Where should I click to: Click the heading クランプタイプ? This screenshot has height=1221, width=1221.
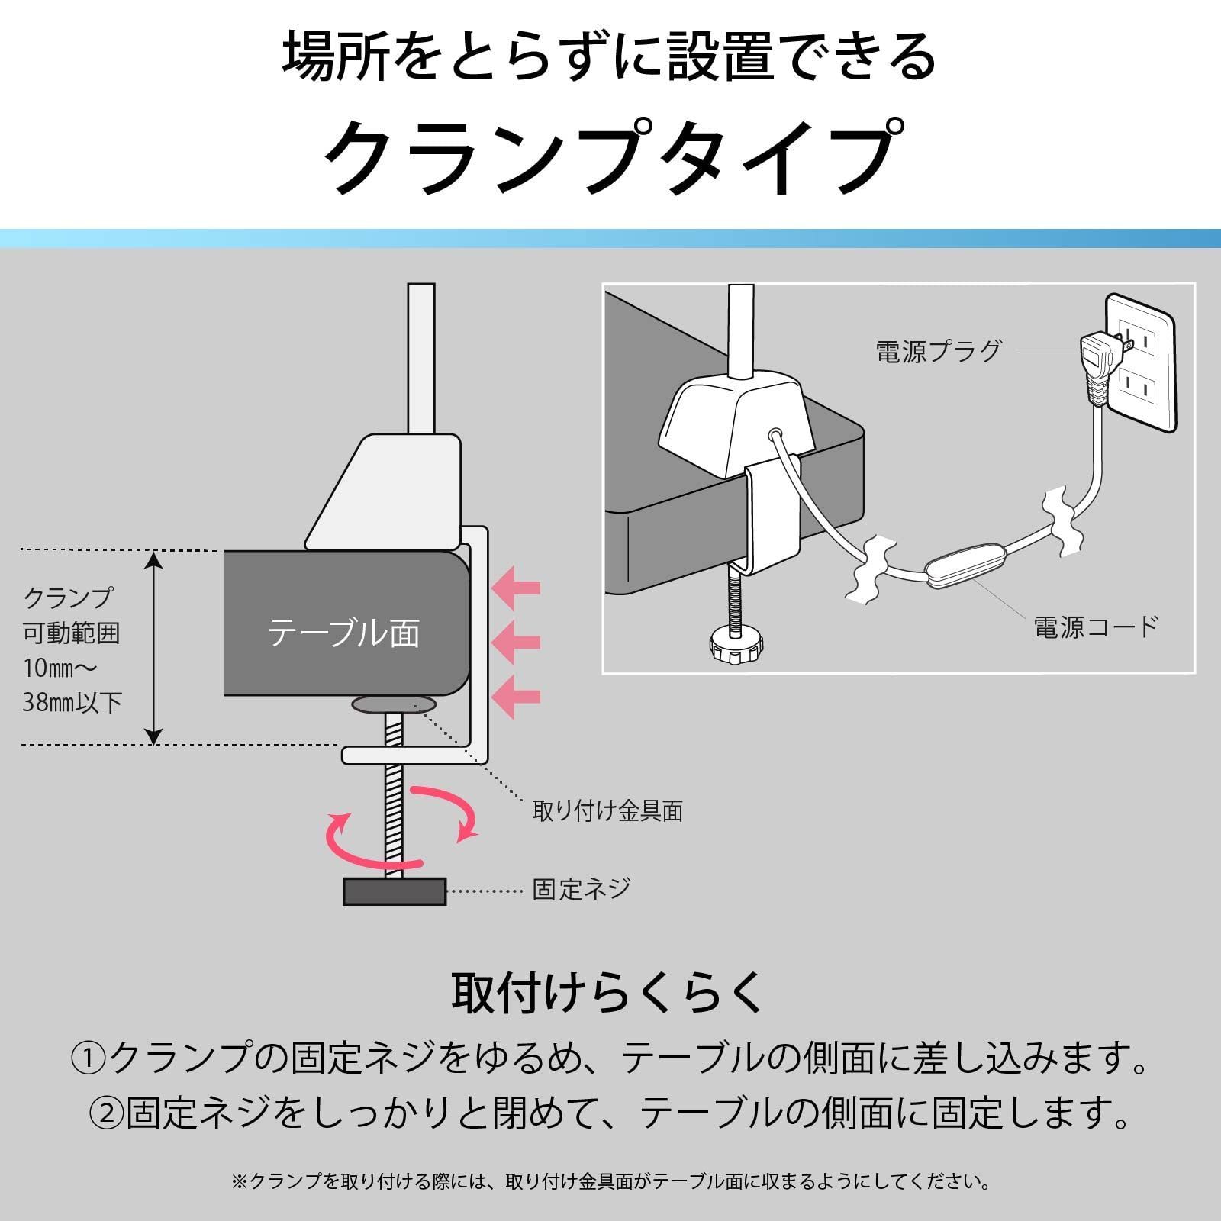[610, 159]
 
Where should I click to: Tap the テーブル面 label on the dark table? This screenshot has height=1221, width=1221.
[343, 633]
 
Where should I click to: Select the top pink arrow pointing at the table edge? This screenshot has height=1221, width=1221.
[517, 588]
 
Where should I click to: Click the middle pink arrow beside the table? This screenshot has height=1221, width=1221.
[517, 643]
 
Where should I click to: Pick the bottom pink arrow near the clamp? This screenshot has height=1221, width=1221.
[517, 696]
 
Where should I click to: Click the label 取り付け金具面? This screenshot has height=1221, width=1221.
[607, 810]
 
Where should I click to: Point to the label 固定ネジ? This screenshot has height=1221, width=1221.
[582, 889]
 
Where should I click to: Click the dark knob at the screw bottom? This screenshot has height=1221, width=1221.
[395, 891]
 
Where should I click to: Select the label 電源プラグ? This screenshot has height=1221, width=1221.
[938, 351]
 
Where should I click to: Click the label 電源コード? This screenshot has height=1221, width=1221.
[1096, 627]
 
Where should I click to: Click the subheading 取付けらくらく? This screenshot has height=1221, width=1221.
[608, 992]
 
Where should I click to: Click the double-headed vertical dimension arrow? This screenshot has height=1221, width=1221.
[154, 648]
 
